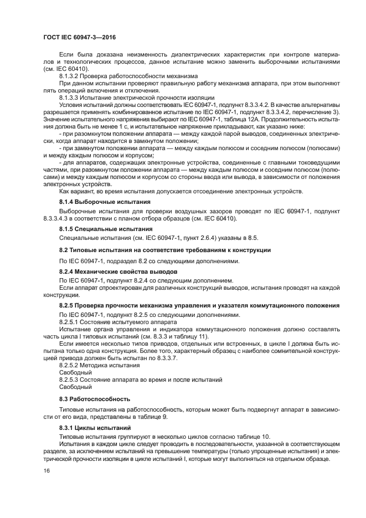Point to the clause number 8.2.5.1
point(70,322)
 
